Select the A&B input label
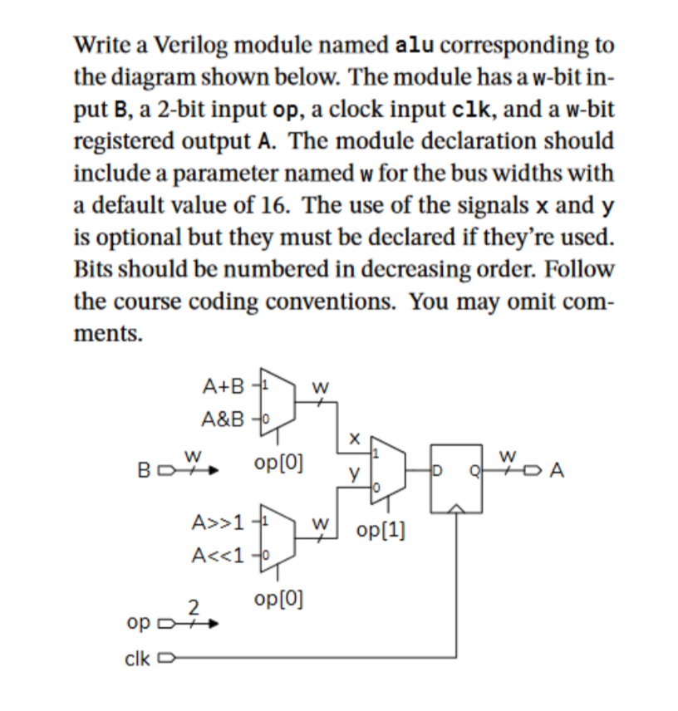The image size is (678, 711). [x=224, y=419]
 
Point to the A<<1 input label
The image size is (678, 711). [x=219, y=555]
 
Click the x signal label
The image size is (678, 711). [x=355, y=434]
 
